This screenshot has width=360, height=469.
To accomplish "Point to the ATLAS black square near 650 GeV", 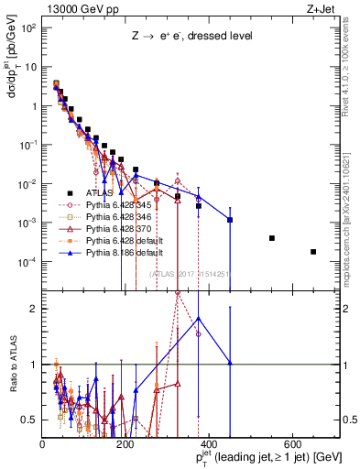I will pos(313,252).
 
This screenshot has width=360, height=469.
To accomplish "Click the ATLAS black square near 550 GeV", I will pos(272,238).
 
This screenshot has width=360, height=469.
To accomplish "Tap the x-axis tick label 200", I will pos(125,442).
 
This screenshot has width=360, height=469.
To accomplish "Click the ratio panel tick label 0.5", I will pos(30,420).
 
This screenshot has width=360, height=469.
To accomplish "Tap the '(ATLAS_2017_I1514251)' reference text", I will pos(191,273).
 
